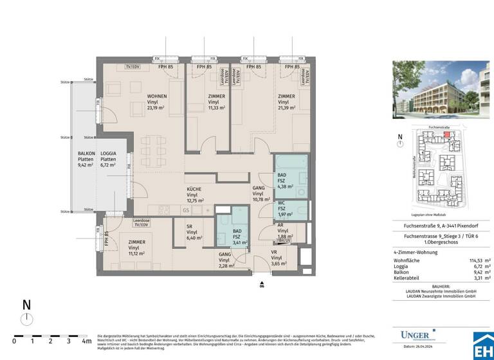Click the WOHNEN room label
pos(156,96)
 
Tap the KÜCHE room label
pos(194,189)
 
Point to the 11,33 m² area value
pos(216,108)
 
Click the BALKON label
pos(86,154)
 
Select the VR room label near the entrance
pos(273,252)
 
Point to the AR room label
pos(281,226)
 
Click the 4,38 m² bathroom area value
pos(286,186)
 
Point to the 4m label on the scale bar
pos(86,341)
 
